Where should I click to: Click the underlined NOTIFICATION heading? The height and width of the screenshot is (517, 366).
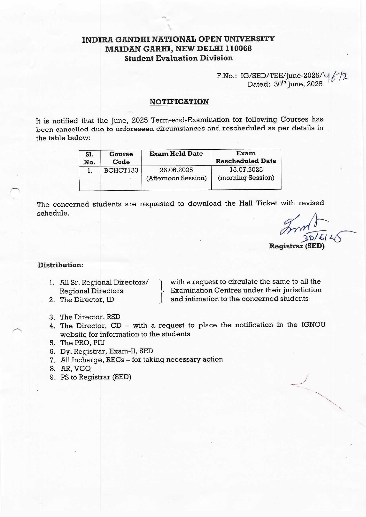coord(179,102)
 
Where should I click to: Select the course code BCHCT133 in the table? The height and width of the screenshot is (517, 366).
coord(121,170)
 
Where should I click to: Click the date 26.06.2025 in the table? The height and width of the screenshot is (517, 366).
coord(176,170)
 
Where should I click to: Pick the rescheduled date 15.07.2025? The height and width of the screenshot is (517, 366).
coord(246,169)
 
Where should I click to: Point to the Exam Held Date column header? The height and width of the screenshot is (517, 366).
coord(176,154)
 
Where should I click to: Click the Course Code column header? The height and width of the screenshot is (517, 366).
coord(121,158)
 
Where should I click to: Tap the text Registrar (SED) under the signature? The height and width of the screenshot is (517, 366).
coord(297,246)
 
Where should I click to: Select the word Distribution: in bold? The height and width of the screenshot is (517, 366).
coord(61,265)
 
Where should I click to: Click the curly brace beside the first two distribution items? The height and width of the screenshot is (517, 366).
coord(161,291)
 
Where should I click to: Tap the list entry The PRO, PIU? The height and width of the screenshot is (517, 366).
coord(83,343)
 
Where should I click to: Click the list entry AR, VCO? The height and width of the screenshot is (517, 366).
coord(75,368)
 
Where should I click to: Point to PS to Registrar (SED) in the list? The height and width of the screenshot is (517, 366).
coord(96,377)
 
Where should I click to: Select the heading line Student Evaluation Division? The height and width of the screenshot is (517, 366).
coord(179,58)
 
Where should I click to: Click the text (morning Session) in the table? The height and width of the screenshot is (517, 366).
coord(246,178)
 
